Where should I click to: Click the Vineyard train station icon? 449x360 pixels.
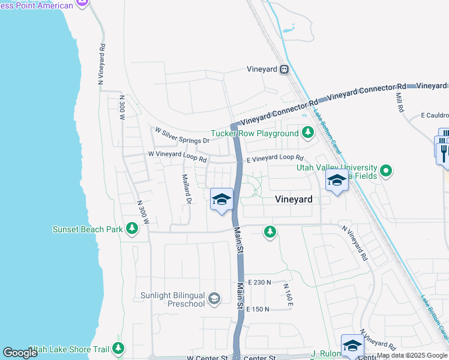point(285,70)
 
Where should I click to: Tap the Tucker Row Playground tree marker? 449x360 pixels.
point(308,132)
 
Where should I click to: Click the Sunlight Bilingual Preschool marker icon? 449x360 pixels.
point(214,298)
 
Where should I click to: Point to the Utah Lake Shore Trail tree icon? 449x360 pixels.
point(118,348)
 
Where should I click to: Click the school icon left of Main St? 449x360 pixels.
point(221,199)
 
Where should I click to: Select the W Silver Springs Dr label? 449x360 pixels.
point(182,136)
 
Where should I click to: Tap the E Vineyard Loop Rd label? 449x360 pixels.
point(275,158)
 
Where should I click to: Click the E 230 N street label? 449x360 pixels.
point(259,282)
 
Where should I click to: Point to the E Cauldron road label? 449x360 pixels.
point(434,115)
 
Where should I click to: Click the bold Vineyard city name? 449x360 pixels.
point(293,199)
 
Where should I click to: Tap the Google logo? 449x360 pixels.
point(20,353)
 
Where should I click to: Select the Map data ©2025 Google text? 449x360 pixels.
point(412,356)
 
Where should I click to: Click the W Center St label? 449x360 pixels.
point(207,358)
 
